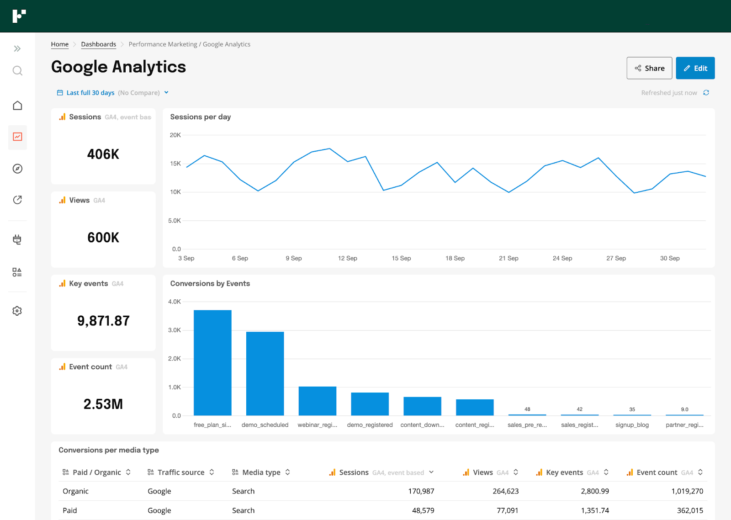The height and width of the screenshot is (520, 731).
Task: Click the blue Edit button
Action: point(695,68)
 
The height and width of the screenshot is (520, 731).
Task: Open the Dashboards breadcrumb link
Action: point(99,44)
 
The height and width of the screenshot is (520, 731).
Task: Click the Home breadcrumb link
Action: point(60,44)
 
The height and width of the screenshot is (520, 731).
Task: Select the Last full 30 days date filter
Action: point(90,93)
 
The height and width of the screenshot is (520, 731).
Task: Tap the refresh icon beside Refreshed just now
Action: point(706,93)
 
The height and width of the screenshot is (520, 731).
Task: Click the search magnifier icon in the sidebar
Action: point(17,70)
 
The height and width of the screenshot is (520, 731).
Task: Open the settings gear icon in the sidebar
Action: point(17,311)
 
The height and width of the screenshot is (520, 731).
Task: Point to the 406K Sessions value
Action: point(103,154)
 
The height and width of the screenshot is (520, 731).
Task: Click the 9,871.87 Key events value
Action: point(103,321)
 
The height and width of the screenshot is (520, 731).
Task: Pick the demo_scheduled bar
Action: point(265,373)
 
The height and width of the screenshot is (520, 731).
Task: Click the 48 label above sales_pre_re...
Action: point(527,409)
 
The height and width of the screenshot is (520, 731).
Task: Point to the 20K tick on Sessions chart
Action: point(175,135)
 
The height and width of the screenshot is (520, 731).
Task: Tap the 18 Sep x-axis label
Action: point(455,258)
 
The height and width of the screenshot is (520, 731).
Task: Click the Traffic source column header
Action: point(181,472)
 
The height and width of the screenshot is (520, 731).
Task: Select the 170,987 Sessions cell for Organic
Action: point(421,491)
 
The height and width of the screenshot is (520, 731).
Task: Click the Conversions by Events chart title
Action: point(210,283)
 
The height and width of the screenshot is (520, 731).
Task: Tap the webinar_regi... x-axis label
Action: point(318,425)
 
